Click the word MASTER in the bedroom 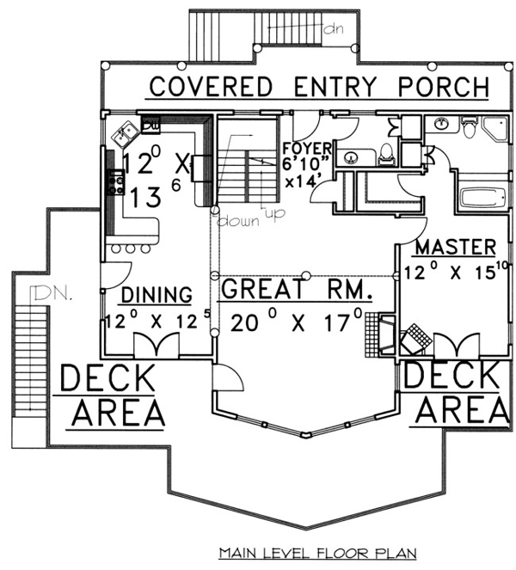[456, 248]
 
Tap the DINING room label [157, 294]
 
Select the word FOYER [307, 149]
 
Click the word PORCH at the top [443, 87]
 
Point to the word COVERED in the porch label [211, 87]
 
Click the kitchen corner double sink [125, 134]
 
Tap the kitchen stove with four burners [116, 183]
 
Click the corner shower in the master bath [495, 129]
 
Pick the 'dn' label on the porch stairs [333, 28]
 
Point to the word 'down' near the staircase [238, 221]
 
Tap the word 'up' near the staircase [275, 214]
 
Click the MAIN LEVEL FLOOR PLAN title [317, 553]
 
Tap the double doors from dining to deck [157, 344]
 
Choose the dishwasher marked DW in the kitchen [150, 125]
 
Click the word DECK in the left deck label [108, 378]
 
